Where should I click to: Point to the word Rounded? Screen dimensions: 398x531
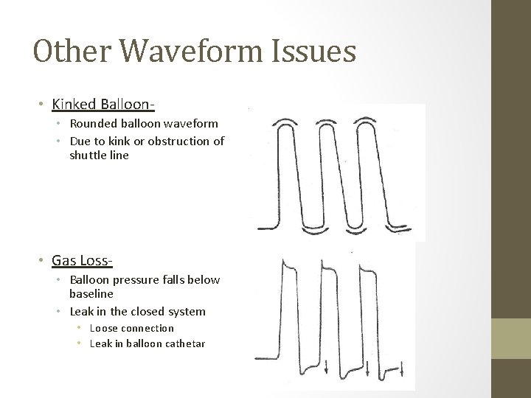[94, 123]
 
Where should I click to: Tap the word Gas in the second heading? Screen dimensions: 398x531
[63, 260]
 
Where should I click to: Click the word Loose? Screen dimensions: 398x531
[103, 328]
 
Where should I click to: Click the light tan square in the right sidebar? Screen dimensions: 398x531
[511, 338]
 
